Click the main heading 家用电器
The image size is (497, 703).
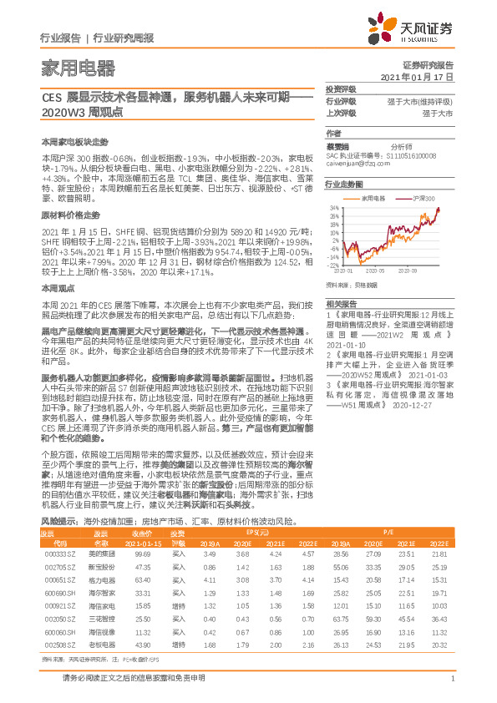point(67,66)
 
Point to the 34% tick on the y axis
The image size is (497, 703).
point(333,207)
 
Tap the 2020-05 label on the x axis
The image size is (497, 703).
point(374,271)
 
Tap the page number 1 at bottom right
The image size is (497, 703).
point(451,686)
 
